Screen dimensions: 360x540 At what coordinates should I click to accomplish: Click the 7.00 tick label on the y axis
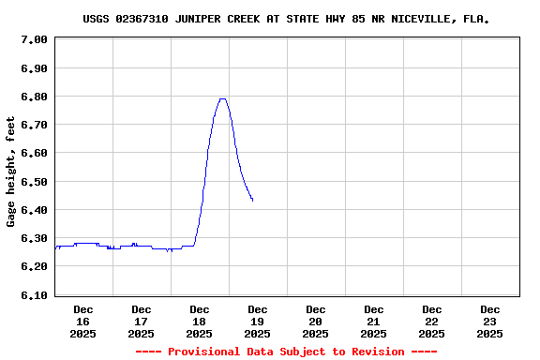pos(34,39)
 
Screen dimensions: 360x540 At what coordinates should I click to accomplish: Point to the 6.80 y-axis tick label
pos(34,97)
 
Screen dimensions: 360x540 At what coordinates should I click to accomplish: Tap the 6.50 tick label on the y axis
pos(34,182)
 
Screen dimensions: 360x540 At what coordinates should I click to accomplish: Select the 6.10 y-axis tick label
pos(34,295)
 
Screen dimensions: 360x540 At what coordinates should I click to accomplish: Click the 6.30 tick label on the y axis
pos(34,238)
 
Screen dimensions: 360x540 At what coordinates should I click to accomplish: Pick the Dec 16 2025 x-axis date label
pos(83,321)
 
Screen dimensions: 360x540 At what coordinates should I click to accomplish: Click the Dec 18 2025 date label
pos(200,321)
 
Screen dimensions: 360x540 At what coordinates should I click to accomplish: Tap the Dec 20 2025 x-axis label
pos(316,321)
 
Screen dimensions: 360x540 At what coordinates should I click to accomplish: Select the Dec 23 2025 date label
pos(490,321)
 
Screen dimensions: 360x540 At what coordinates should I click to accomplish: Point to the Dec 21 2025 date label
pos(374,321)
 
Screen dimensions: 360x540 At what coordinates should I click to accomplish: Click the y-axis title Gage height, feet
pos(11,172)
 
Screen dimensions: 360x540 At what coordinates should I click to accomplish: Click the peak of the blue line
pos(222,98)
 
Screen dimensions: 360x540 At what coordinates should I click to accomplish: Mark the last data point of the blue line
pos(252,200)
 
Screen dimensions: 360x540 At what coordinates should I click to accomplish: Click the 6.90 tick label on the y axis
pos(34,68)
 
